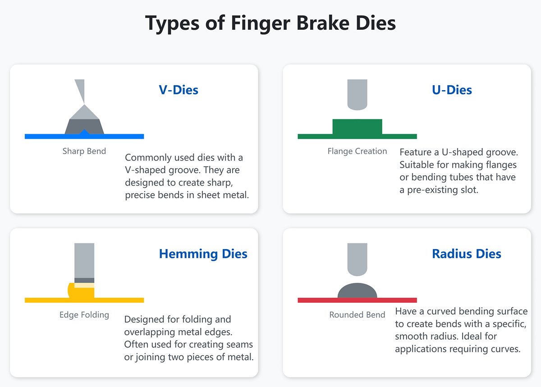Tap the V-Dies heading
pos(179,90)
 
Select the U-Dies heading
pos(452,90)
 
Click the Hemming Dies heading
pos(203,254)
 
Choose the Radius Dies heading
pos(467,254)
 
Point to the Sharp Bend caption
pos(84,151)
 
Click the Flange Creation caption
pos(357,151)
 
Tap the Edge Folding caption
pos(84,314)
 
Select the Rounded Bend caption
pos(357,314)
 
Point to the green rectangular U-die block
pos(357,127)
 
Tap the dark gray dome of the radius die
pos(357,291)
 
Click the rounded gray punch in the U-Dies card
pos(357,94)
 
